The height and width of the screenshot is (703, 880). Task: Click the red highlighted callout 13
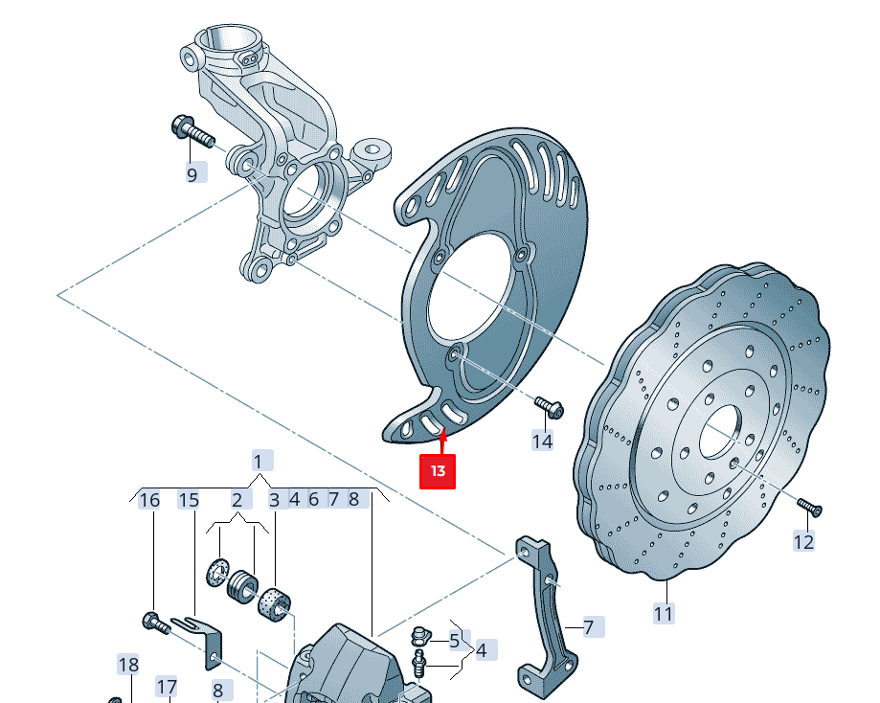[439, 471]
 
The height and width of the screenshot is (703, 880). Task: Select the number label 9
[192, 174]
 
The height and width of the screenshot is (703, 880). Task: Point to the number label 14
[543, 441]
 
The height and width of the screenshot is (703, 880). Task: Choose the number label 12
[803, 542]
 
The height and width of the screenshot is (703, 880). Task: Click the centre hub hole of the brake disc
[720, 433]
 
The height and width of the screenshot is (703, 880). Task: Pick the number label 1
[258, 461]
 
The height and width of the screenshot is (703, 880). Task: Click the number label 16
[149, 499]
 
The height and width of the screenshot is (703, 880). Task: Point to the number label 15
[189, 499]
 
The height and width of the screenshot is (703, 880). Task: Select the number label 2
[237, 499]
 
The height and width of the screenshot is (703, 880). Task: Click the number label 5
[455, 641]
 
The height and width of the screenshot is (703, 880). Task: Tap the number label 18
[128, 665]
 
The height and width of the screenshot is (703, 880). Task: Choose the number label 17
[167, 687]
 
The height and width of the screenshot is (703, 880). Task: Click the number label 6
[313, 499]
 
